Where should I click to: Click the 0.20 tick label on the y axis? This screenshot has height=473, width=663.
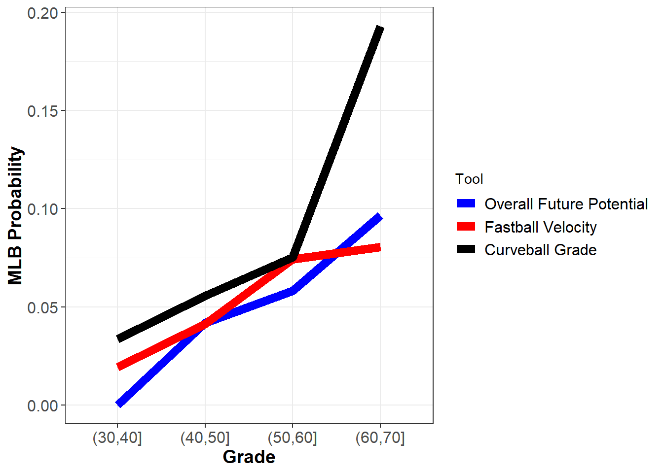pos(43,13)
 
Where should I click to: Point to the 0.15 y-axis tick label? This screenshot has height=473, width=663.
pos(43,111)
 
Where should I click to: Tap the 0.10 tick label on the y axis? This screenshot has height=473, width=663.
pos(43,209)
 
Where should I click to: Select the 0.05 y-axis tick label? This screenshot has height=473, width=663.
pos(43,308)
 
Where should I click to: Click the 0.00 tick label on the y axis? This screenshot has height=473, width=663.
pos(43,406)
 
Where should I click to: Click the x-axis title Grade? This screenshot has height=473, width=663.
pos(249,457)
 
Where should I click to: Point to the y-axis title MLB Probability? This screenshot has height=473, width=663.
pos(16,215)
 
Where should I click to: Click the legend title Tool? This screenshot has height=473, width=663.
pos(469,179)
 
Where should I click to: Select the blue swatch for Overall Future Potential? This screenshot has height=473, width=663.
pos(466,203)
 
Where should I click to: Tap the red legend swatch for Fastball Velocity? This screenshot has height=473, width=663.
pos(466,227)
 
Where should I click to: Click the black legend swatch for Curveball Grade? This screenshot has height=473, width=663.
pos(466,249)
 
